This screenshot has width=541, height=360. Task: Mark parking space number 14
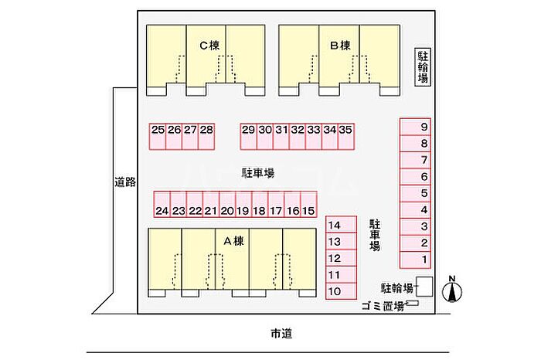pyautogui.click(x=335, y=226)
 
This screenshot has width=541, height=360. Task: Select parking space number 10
pyautogui.click(x=335, y=291)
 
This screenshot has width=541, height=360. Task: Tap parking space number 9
pyautogui.click(x=424, y=127)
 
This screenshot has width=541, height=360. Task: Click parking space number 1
pyautogui.click(x=424, y=260)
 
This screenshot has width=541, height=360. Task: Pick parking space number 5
pyautogui.click(x=424, y=193)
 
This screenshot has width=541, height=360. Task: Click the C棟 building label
pyautogui.click(x=209, y=46)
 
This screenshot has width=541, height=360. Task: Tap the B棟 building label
pyautogui.click(x=341, y=46)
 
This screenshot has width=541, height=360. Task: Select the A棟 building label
pyautogui.click(x=233, y=240)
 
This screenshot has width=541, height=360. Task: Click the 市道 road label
pyautogui.click(x=281, y=334)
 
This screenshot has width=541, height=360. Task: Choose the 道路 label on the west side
pyautogui.click(x=124, y=182)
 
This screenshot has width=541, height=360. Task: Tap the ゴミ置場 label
pyautogui.click(x=383, y=307)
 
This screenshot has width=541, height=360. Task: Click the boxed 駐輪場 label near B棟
pyautogui.click(x=424, y=66)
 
